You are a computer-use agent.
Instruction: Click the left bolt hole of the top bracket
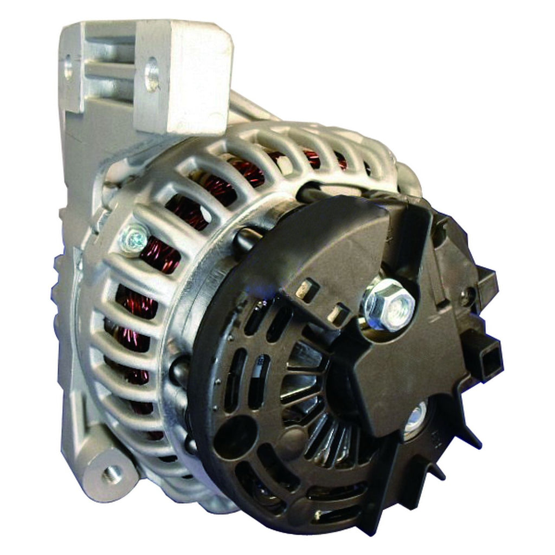point(68,68)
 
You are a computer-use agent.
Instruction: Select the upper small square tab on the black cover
point(308,290)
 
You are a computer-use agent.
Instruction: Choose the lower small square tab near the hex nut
point(340,313)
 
